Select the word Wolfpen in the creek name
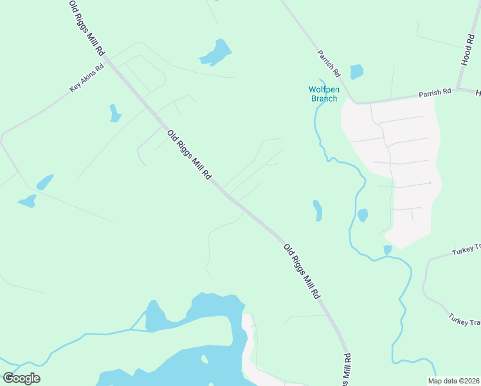tap(323, 89)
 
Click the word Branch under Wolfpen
tap(323, 98)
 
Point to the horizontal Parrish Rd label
tap(435, 93)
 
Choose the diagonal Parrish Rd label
tap(328, 62)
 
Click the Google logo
tap(21, 378)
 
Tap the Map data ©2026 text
tap(453, 381)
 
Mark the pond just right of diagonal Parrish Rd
tap(356, 72)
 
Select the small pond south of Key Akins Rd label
tap(114, 113)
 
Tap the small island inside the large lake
tap(204, 359)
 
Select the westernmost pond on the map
tap(27, 201)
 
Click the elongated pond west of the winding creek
tap(317, 210)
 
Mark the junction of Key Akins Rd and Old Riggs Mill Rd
tap(107, 60)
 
